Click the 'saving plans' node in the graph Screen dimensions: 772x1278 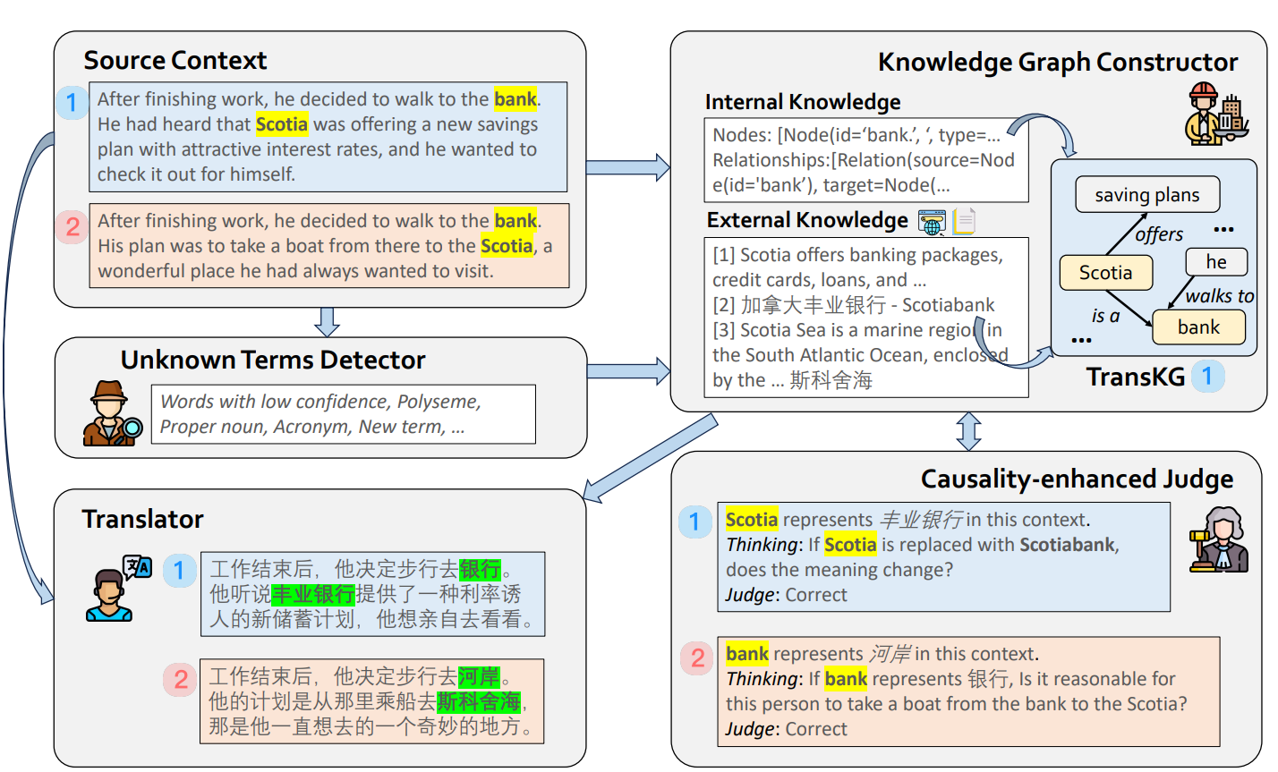[1146, 195]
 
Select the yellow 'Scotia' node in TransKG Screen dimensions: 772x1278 [1105, 273]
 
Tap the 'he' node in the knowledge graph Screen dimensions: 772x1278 [1215, 262]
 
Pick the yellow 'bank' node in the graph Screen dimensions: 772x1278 [1198, 327]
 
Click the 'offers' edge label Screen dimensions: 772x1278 [1159, 234]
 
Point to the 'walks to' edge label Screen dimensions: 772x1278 [1219, 296]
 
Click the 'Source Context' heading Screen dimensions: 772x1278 [175, 61]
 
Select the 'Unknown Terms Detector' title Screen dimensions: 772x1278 [273, 360]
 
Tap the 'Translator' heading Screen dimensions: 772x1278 [142, 519]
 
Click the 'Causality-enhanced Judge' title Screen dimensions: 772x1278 [1077, 479]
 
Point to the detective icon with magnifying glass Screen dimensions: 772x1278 [111, 413]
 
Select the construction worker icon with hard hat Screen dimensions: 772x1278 [1213, 115]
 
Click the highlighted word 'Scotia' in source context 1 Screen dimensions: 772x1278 [282, 124]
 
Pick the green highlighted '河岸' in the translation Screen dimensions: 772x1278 [479, 677]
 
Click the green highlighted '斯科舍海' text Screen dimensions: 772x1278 [479, 701]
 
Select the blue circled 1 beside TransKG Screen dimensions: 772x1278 [1207, 377]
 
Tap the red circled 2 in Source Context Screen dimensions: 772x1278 [72, 227]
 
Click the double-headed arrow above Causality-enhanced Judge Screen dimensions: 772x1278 [968, 431]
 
